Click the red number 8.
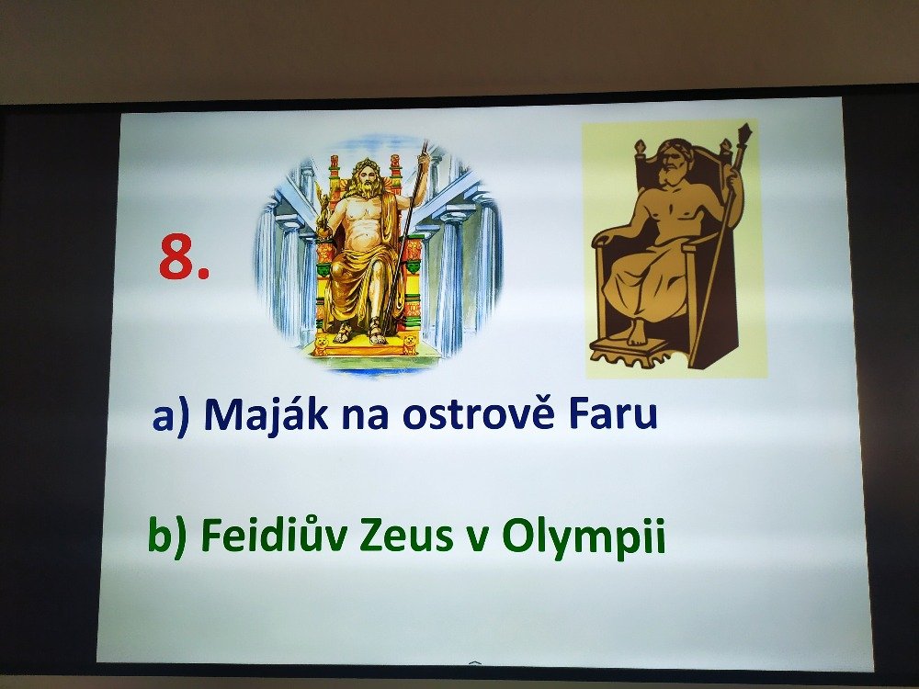point(184,257)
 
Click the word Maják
point(266,414)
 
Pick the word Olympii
point(584,537)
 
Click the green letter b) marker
point(167,537)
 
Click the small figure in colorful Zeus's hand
point(322,207)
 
